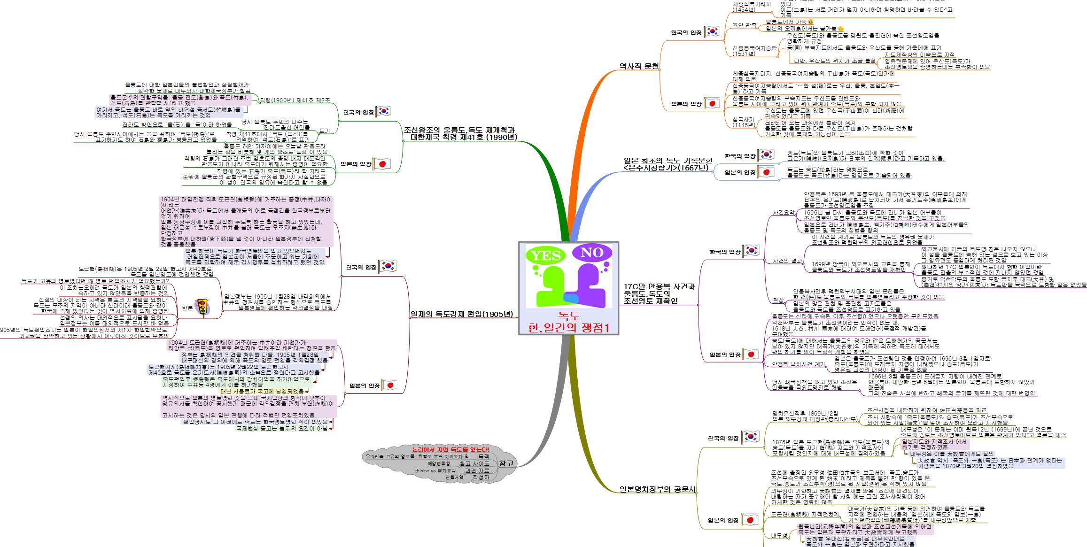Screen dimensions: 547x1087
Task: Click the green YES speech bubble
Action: pyautogui.click(x=546, y=256)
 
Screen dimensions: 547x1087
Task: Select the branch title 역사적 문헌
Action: pyautogui.click(x=639, y=67)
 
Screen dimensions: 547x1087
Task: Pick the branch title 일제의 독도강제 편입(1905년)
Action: pyautogui.click(x=461, y=314)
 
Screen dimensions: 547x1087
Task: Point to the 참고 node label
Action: pyautogui.click(x=506, y=463)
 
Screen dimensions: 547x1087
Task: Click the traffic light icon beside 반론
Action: pyautogui.click(x=203, y=308)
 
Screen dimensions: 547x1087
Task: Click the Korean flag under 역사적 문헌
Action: pyautogui.click(x=712, y=32)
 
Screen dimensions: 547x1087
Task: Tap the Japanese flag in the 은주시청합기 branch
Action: pyautogui.click(x=766, y=172)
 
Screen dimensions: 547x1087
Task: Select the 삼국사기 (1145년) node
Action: pyautogui.click(x=744, y=122)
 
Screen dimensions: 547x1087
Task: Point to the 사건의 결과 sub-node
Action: pyautogui.click(x=788, y=261)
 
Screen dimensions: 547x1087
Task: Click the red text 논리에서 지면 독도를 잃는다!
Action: pyautogui.click(x=450, y=449)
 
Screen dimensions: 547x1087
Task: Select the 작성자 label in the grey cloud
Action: pyautogui.click(x=481, y=477)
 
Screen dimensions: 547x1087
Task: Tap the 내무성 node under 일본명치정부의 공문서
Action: pyautogui.click(x=779, y=536)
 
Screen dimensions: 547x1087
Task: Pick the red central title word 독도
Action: pyautogui.click(x=569, y=315)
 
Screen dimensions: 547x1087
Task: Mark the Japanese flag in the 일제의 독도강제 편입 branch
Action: pyautogui.click(x=390, y=385)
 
